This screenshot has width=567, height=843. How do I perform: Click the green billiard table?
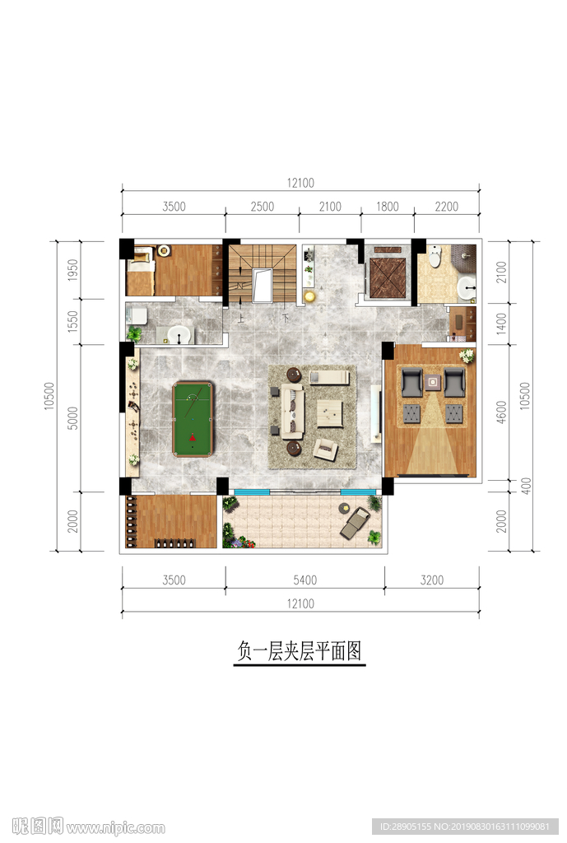pyautogui.click(x=193, y=418)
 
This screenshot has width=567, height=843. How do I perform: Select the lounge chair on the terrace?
pyautogui.click(x=355, y=522)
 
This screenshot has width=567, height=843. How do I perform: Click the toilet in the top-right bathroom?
pyautogui.click(x=435, y=257)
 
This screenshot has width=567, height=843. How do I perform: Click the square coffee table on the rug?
pyautogui.click(x=330, y=413)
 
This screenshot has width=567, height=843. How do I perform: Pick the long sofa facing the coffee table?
pyautogui.click(x=292, y=411)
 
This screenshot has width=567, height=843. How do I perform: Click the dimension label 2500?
pyautogui.click(x=262, y=207)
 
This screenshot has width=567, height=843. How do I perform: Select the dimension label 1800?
pyautogui.click(x=387, y=207)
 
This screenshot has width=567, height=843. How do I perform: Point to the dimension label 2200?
pyautogui.click(x=446, y=207)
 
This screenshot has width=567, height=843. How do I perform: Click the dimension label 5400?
pyautogui.click(x=304, y=580)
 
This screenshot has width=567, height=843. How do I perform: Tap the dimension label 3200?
pyautogui.click(x=431, y=580)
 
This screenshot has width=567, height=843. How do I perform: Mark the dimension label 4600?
pyautogui.click(x=502, y=411)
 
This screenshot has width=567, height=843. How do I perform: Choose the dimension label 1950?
pyautogui.click(x=73, y=270)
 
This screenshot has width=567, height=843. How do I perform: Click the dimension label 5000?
pyautogui.click(x=73, y=417)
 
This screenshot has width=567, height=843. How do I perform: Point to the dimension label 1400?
pyautogui.click(x=502, y=324)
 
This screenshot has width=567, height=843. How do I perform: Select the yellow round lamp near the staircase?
pyautogui.click(x=309, y=296)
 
